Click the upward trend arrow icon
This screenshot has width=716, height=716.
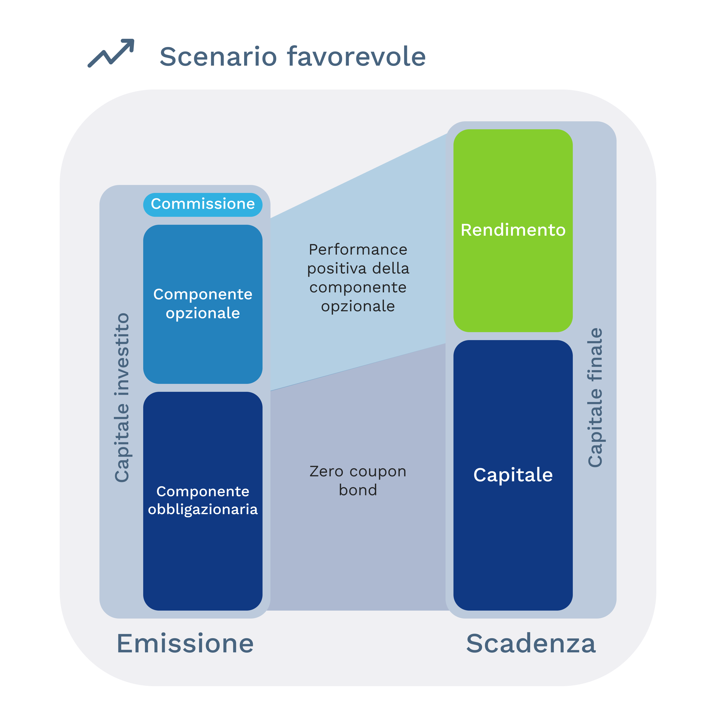[111, 53]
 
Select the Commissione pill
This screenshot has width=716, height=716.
[203, 205]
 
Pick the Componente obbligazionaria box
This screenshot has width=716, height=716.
[203, 501]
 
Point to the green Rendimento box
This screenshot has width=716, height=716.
[513, 230]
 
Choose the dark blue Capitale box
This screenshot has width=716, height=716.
[513, 475]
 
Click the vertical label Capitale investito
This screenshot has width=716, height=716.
[122, 398]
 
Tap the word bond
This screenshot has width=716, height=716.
[358, 490]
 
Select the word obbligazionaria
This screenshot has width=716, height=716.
[203, 510]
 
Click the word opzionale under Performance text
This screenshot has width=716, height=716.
[358, 307]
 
